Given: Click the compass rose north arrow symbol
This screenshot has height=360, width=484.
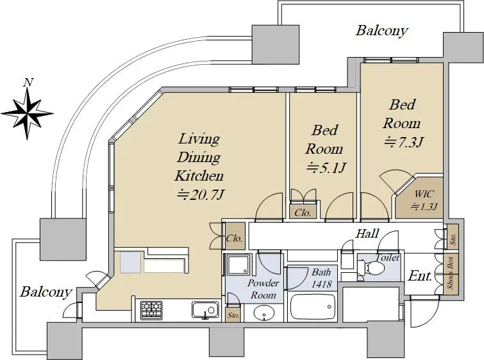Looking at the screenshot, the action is (28, 113).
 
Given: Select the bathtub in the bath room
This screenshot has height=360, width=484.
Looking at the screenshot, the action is (312, 307).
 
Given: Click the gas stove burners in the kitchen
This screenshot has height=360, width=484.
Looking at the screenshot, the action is (151, 310).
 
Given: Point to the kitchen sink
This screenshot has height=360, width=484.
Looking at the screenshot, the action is (205, 310).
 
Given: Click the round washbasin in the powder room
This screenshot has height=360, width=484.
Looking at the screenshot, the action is (264, 313).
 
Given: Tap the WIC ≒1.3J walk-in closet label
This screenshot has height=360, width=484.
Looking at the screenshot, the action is (424, 200).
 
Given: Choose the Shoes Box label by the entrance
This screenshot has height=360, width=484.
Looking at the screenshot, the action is (451, 272).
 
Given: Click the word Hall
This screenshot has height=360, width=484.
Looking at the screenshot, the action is (367, 234).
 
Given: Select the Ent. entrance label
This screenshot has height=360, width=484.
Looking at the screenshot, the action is (419, 276).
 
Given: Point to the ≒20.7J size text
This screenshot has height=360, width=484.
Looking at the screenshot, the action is (200, 195).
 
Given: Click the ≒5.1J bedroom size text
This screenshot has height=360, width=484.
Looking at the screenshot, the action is (326, 168).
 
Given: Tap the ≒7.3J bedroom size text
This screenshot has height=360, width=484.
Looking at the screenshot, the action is (403, 142).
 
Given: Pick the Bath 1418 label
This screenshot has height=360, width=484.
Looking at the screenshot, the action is (321, 278).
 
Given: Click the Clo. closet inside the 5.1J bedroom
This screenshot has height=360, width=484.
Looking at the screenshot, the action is (303, 212).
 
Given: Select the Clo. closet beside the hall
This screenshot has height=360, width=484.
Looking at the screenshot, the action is (234, 238).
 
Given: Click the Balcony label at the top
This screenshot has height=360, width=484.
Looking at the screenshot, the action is (382, 31).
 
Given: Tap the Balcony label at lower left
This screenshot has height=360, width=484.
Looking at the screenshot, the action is (46, 291).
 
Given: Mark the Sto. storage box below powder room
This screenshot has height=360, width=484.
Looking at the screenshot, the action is (233, 315).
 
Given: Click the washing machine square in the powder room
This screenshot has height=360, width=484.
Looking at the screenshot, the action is (237, 265).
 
